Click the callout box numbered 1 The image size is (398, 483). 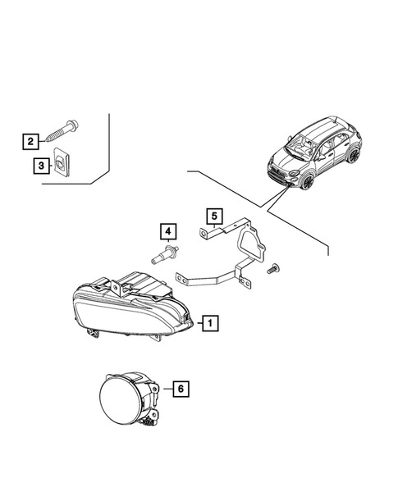[211, 323]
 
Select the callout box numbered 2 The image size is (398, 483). [30, 142]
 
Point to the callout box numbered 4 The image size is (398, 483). [167, 231]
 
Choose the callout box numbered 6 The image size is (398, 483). [181, 390]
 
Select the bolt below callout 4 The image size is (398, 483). [166, 256]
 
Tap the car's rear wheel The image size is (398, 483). [353, 155]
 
